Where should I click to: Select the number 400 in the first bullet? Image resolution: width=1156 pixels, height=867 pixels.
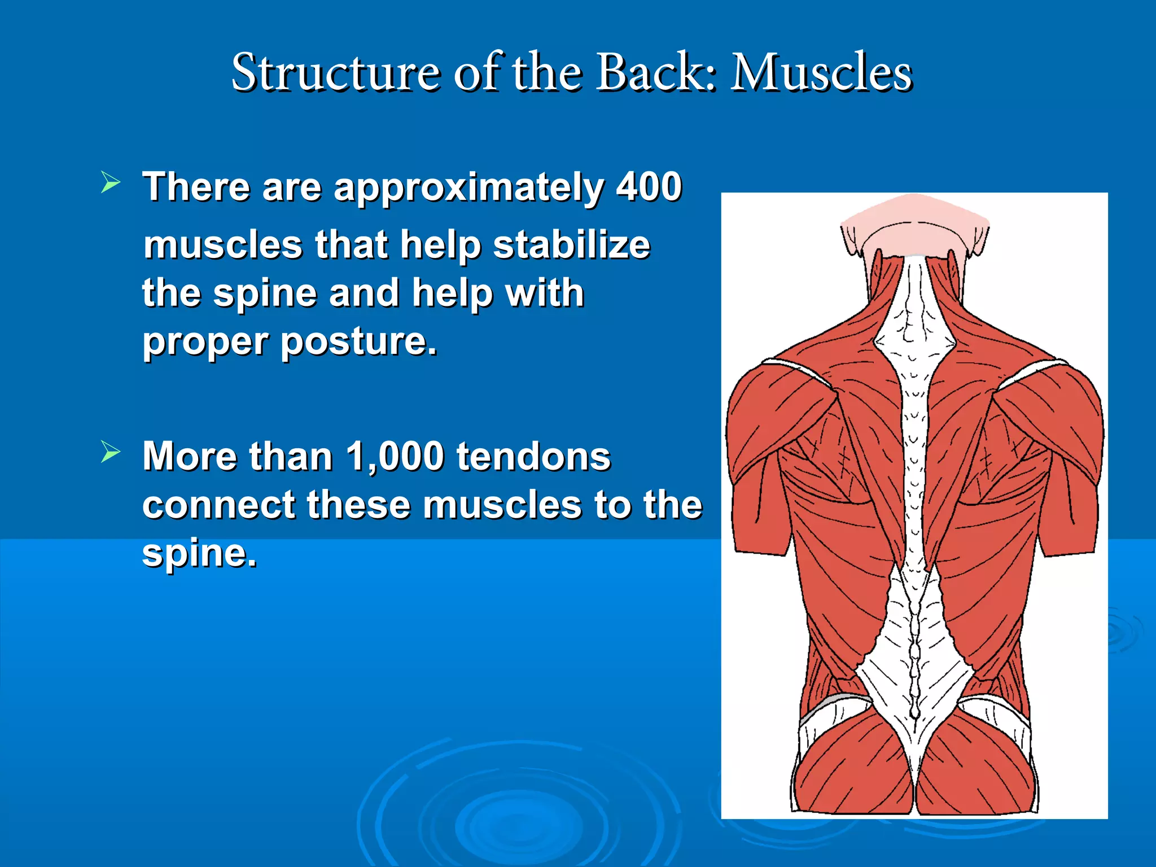[x=649, y=187]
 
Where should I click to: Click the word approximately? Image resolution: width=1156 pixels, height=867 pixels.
[x=469, y=188]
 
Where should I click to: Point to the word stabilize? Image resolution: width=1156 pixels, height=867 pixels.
[x=571, y=246]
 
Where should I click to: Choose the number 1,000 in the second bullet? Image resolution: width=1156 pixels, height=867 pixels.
[x=395, y=456]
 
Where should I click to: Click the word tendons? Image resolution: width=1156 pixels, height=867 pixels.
[x=533, y=456]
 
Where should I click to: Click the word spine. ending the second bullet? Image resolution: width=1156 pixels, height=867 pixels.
[x=199, y=553]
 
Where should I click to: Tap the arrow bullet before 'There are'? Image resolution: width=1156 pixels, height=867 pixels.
[x=111, y=182]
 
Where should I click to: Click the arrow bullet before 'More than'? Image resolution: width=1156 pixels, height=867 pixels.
[x=111, y=452]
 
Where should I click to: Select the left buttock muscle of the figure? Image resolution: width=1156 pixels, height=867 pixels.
[x=852, y=768]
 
